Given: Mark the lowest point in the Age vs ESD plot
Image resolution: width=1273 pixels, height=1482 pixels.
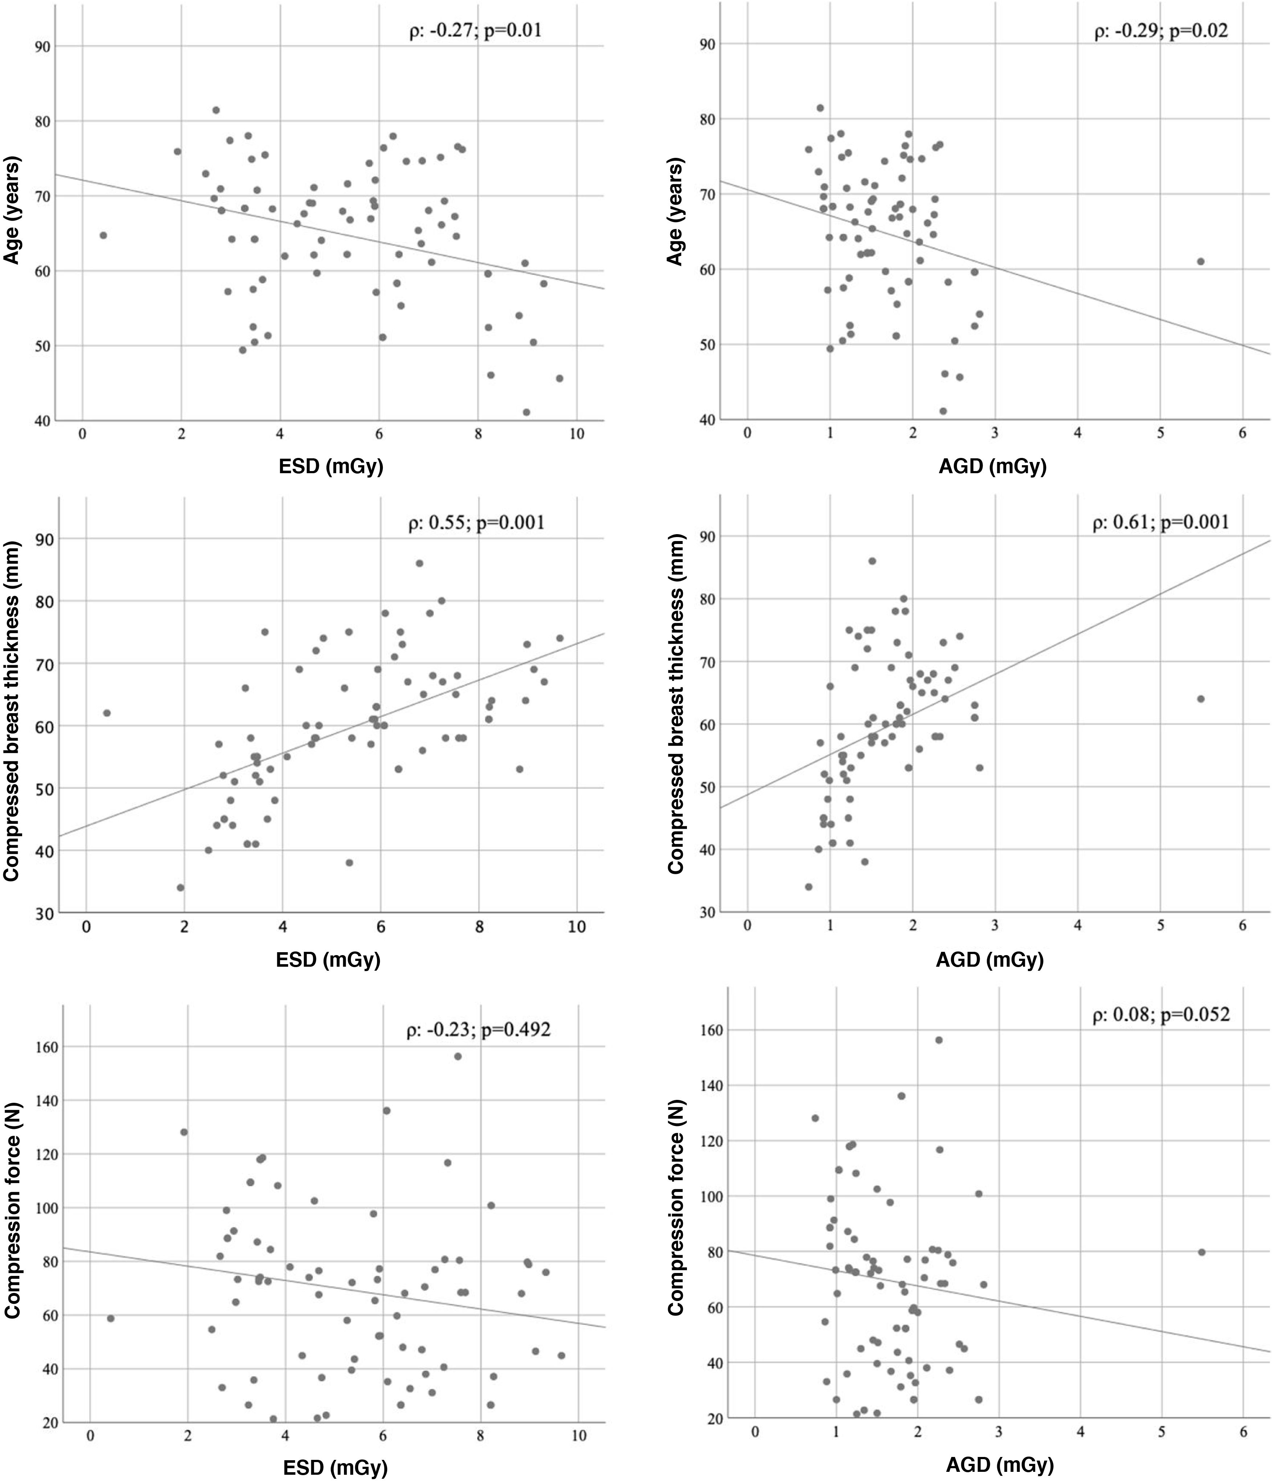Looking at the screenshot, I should [x=526, y=412].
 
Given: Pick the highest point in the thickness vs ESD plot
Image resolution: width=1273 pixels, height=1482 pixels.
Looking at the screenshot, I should [x=419, y=563].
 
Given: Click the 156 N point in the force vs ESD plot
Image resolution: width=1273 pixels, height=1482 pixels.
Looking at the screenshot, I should [x=458, y=1056].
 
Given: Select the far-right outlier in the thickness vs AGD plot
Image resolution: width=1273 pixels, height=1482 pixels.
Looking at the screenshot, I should [x=1201, y=699].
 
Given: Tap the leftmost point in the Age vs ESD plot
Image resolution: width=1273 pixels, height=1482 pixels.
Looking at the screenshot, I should [x=103, y=235].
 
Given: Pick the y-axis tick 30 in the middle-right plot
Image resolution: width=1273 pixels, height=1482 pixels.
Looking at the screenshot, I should [x=708, y=912].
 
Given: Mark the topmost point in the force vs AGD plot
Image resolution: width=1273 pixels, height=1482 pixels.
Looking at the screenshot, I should [x=939, y=1040].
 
